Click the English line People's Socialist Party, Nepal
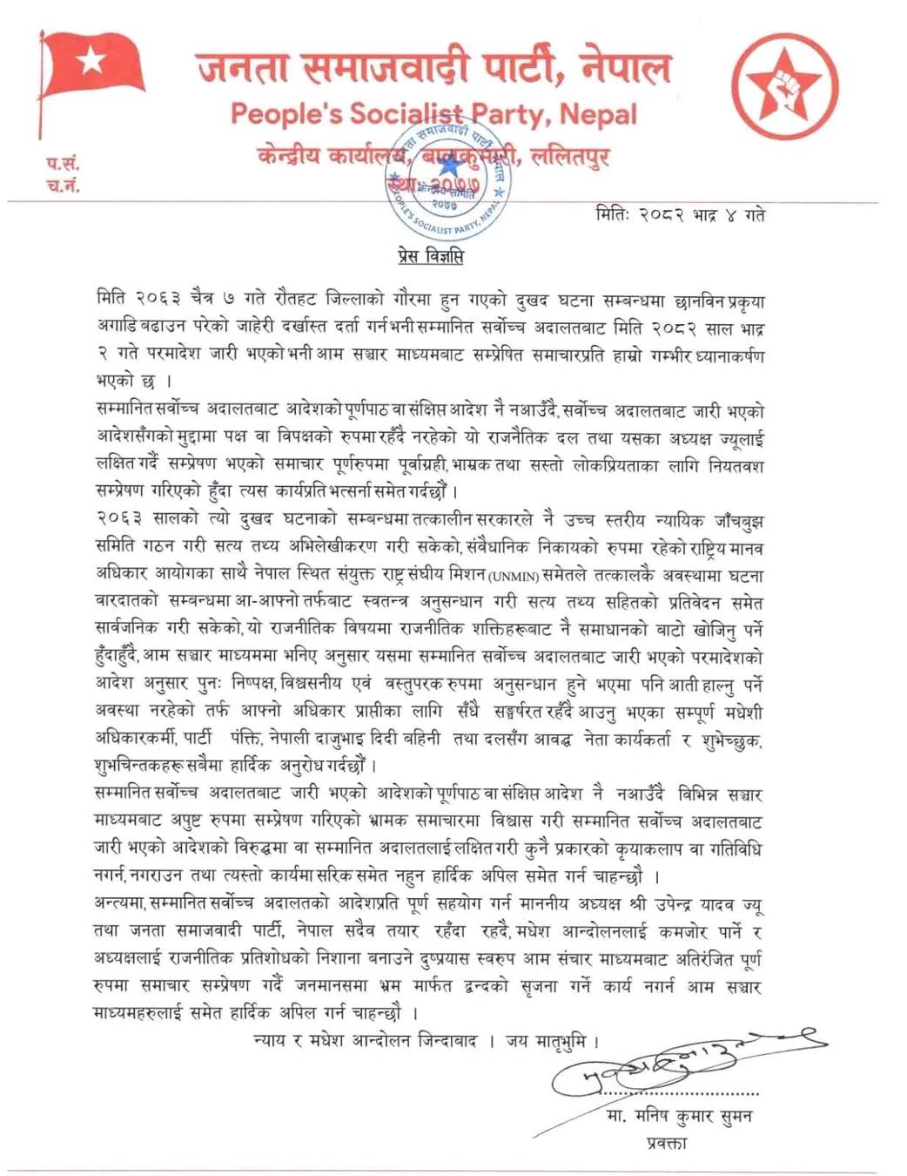pos(433,113)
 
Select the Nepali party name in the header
pos(433,68)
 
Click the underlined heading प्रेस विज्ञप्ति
pos(426,256)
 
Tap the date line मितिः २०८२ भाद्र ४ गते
pos(680,214)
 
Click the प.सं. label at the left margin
pos(63,162)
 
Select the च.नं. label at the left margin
pos(63,185)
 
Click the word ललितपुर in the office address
pos(570,157)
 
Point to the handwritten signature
pos(679,1063)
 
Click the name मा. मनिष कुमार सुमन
pos(679,1117)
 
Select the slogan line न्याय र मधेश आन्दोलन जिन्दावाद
pos(366,1041)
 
